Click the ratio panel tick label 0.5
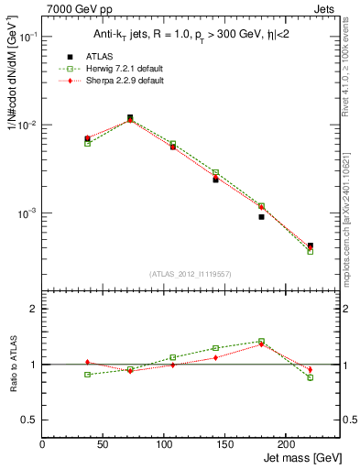pyautogui.click(x=29, y=420)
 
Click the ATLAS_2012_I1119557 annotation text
pyautogui.click(x=191, y=274)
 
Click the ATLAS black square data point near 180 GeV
pyautogui.click(x=261, y=217)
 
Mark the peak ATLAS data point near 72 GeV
pyautogui.click(x=130, y=117)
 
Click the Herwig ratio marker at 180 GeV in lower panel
pyautogui.click(x=261, y=341)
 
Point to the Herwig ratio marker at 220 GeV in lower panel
pyautogui.click(x=310, y=377)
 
